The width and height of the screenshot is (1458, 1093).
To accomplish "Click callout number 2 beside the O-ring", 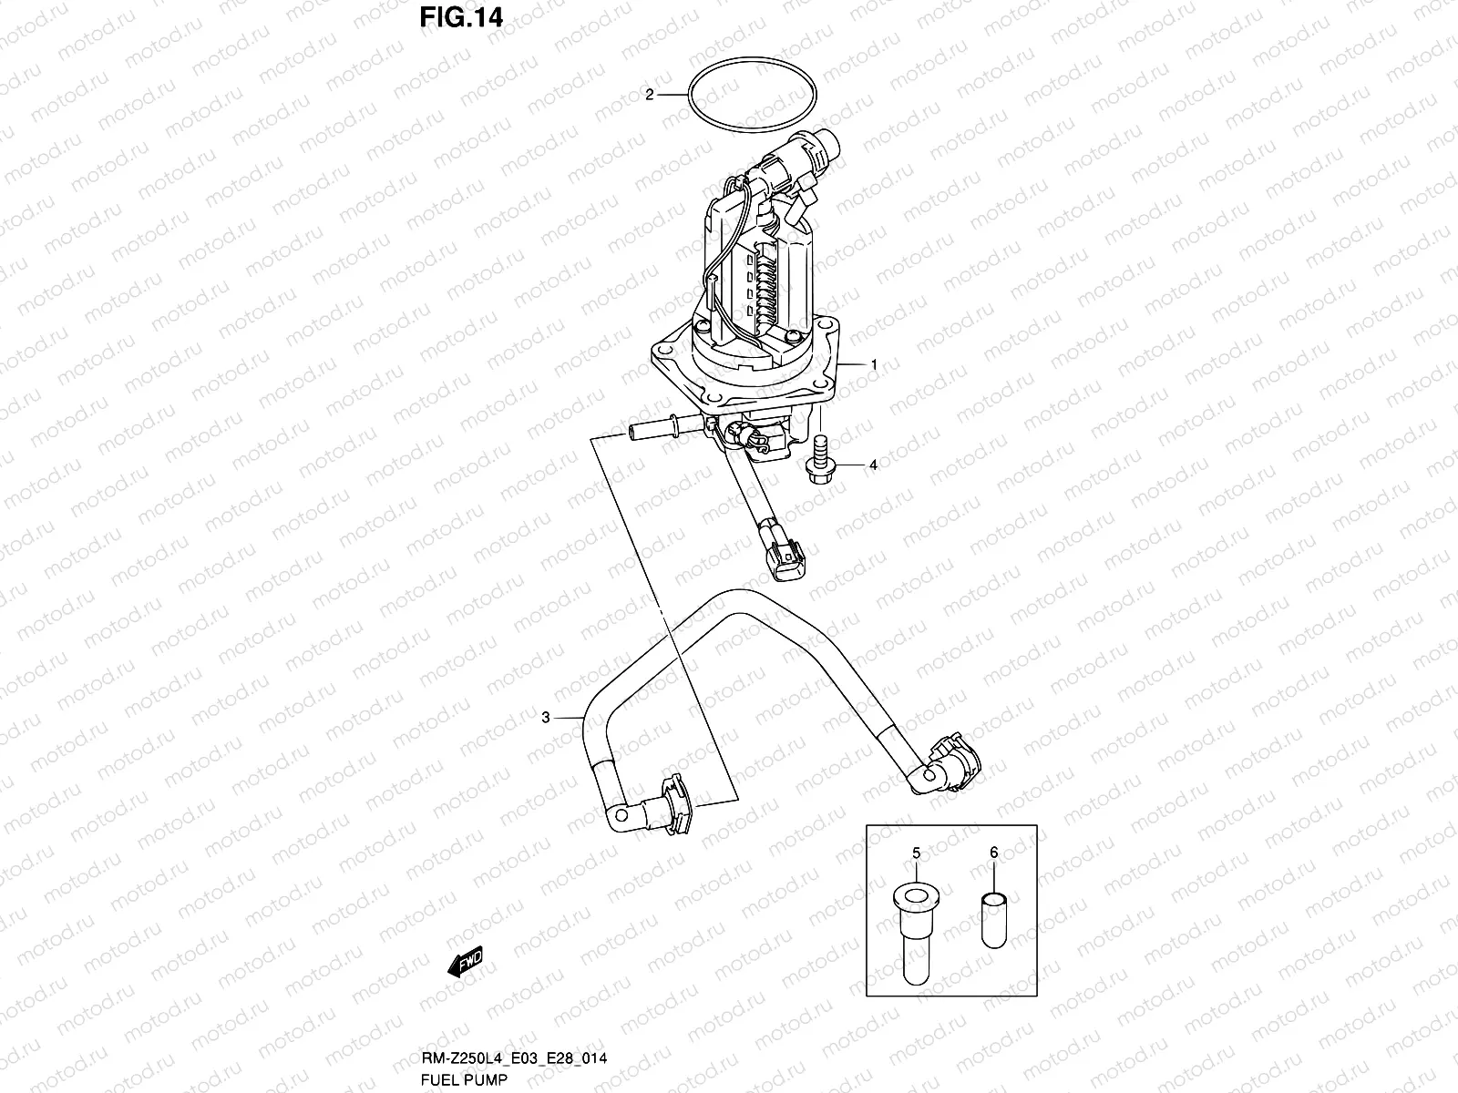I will point(649,95).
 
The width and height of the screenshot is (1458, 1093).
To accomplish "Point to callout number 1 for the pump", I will point(873,364).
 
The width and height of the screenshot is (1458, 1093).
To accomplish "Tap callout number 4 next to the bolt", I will point(872,465).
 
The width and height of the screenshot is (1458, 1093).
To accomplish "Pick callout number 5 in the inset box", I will point(916,853).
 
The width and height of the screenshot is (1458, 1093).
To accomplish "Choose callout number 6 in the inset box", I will point(993,853).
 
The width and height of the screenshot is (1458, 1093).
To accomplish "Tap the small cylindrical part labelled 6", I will point(993,920).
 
